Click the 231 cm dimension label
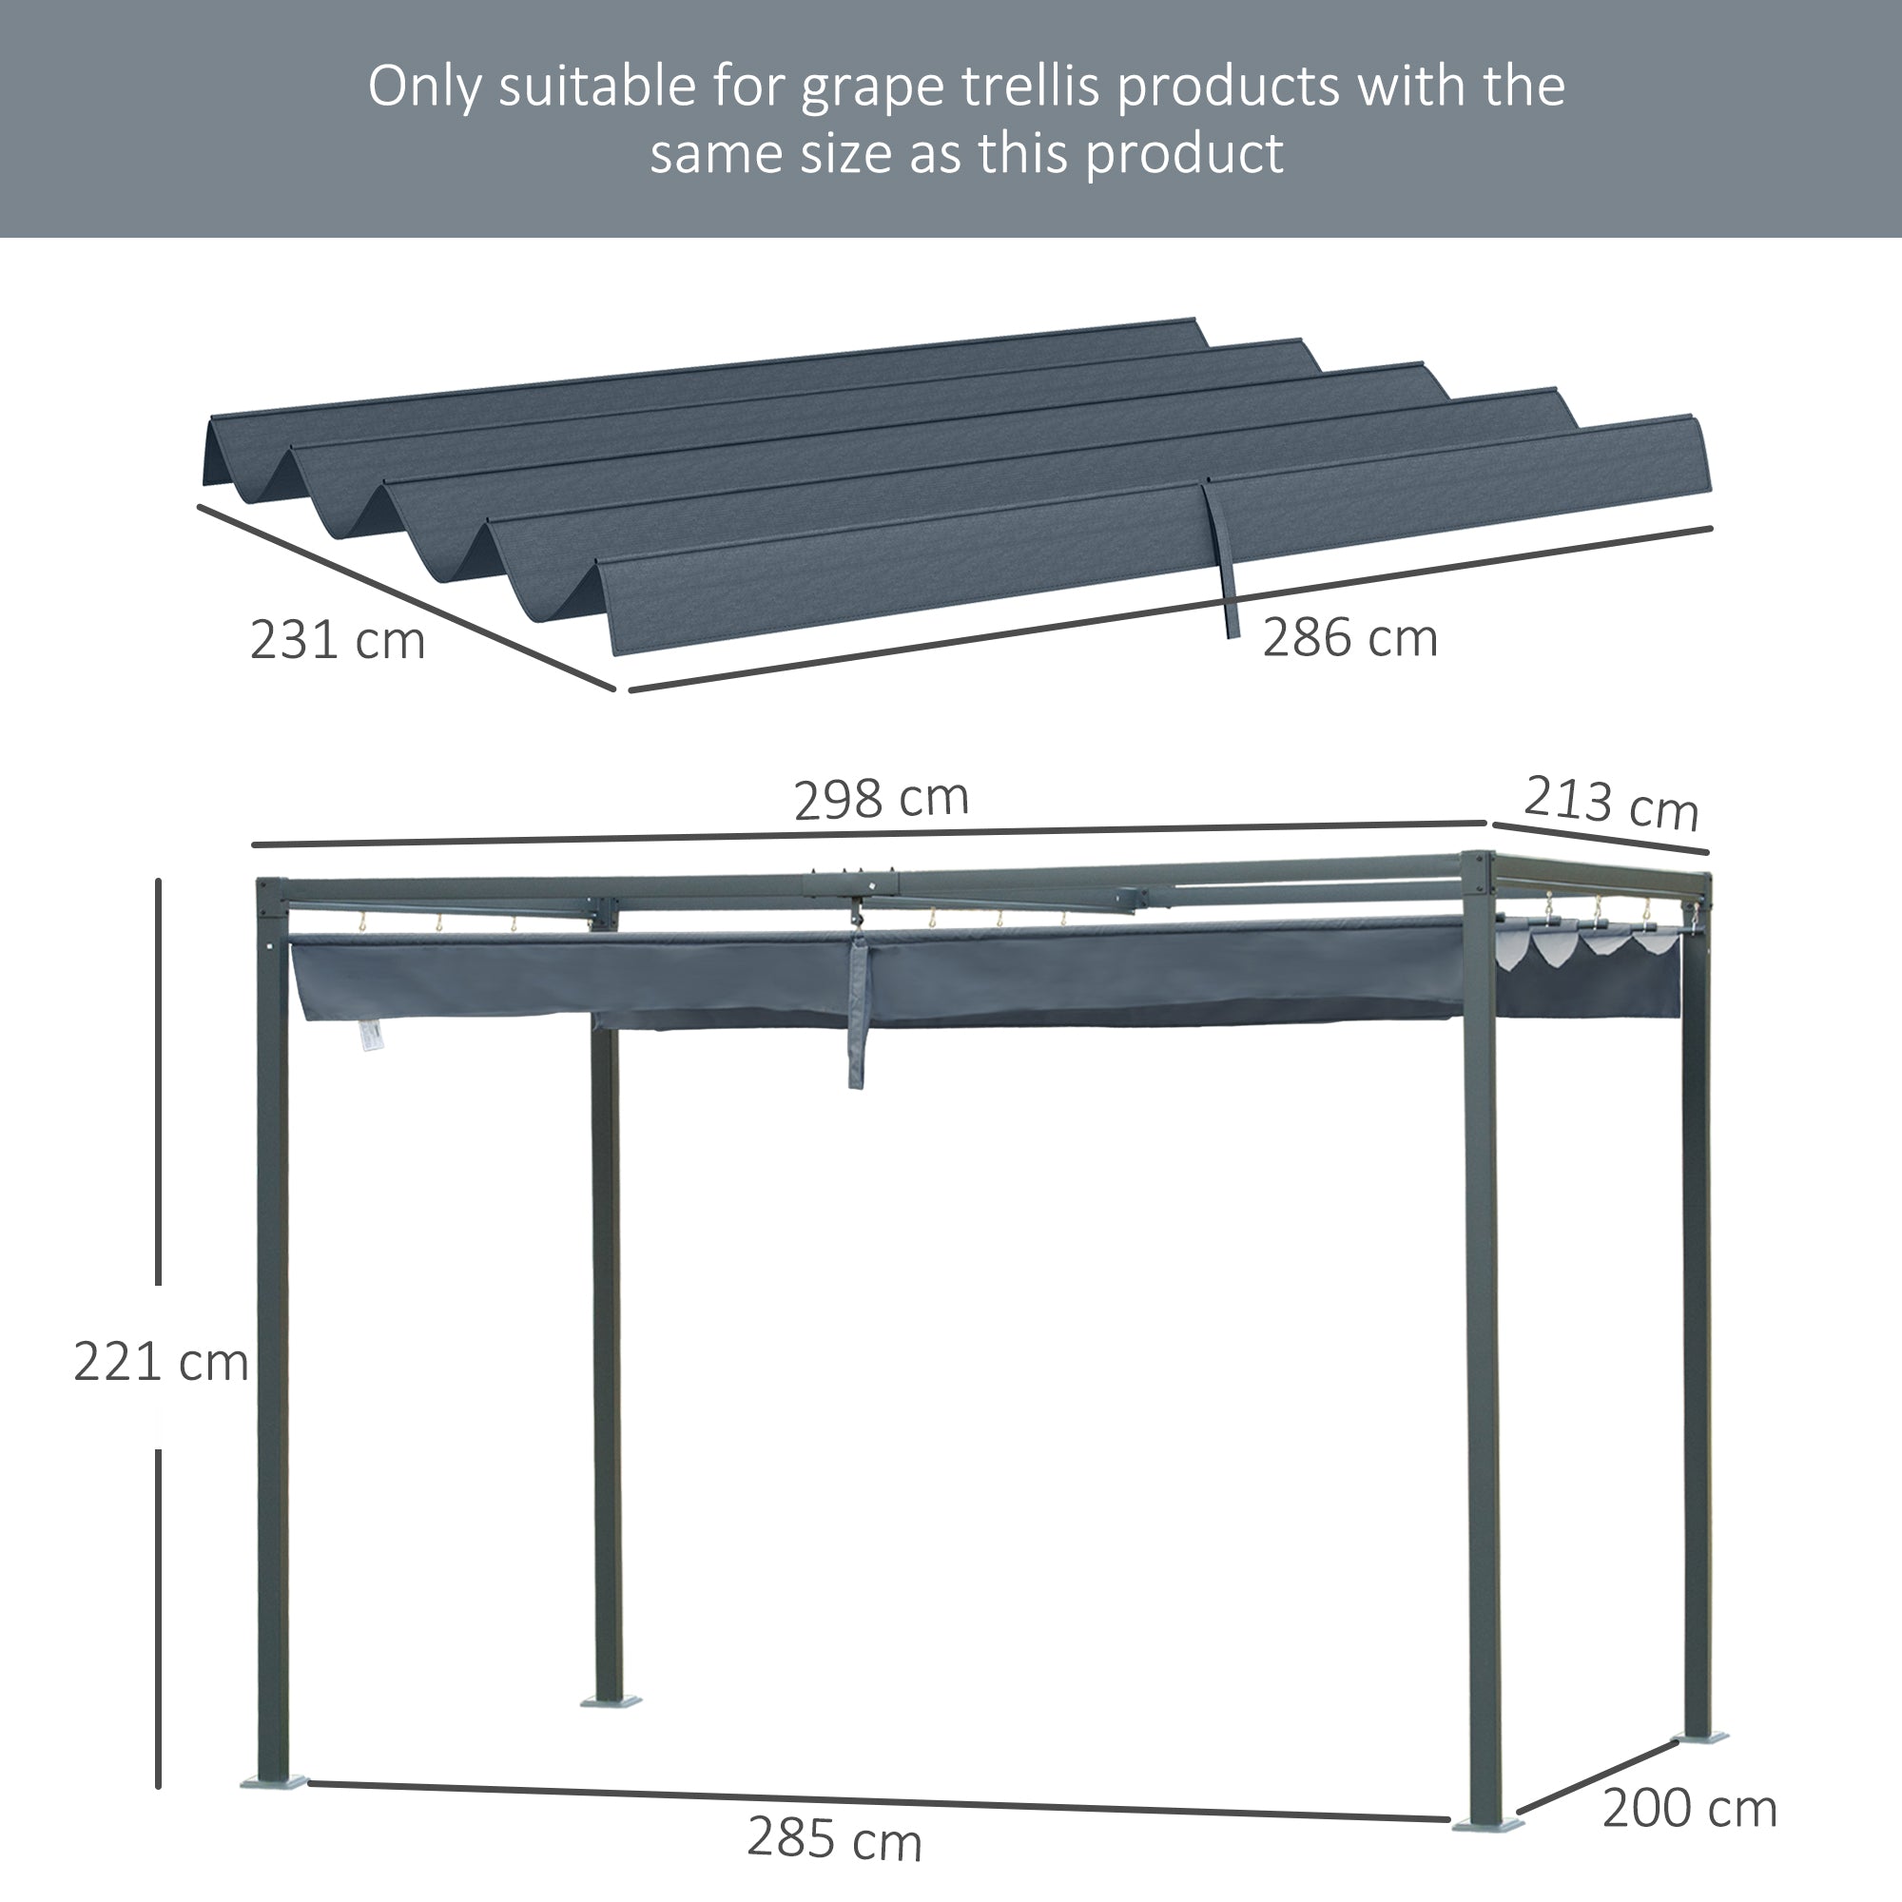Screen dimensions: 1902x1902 (337, 641)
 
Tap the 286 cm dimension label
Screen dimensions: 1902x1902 (1349, 638)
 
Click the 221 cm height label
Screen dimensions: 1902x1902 (161, 1364)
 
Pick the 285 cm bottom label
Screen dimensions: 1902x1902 (834, 1838)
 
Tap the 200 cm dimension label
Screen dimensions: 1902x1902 (1689, 1809)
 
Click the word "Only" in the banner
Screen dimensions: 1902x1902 (424, 87)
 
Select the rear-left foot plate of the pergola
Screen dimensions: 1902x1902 (611, 1700)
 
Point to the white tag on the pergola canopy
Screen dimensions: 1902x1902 (370, 1033)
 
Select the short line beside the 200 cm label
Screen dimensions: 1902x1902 (1596, 1777)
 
